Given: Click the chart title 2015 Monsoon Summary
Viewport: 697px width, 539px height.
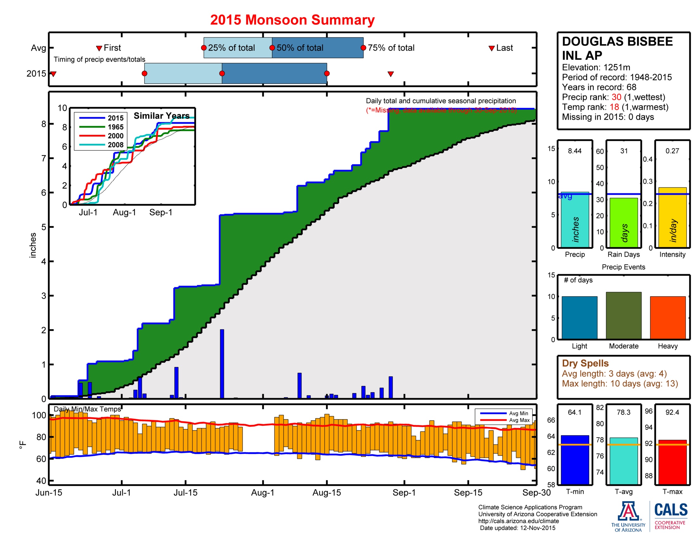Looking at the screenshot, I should point(292,20).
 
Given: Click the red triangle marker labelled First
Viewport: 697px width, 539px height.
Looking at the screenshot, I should point(99,49).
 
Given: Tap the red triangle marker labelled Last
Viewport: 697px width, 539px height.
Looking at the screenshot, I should point(491,49).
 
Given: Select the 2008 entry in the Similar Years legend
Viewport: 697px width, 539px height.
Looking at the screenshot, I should point(115,145).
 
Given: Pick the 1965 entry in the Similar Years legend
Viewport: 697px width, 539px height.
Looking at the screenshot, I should point(115,127).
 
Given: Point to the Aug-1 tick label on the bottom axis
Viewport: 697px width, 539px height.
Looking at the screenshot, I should point(262,492).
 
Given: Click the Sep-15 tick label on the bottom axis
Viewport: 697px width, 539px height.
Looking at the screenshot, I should point(468,492).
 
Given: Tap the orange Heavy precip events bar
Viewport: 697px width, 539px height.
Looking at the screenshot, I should point(668,317).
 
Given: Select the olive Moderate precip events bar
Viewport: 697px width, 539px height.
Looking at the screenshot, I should point(623,315).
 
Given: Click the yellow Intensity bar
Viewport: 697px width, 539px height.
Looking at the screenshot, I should point(672,217).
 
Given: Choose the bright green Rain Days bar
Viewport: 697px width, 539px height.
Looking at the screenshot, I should point(623,223).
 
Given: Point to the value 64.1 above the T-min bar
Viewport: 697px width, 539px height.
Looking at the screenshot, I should point(574,412).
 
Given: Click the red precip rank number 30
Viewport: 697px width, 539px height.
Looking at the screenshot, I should point(616,97).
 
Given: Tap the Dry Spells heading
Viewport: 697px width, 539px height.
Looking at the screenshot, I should point(585,363).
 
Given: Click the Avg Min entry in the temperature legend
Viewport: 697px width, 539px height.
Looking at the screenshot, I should point(518,413).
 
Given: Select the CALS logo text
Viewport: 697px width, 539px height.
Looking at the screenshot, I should point(671,510).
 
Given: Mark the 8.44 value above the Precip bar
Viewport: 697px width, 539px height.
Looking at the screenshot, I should point(574,151).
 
